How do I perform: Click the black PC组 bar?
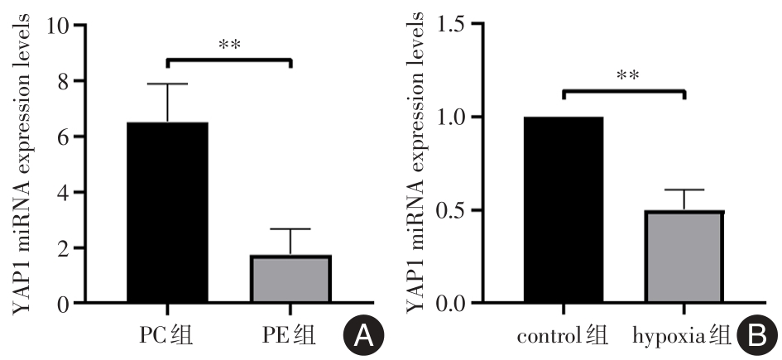(x=167, y=213)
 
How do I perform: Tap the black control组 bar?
(x=563, y=210)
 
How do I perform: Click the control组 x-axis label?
(x=563, y=336)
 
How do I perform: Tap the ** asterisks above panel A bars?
(x=229, y=44)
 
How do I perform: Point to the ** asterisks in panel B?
(x=626, y=75)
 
